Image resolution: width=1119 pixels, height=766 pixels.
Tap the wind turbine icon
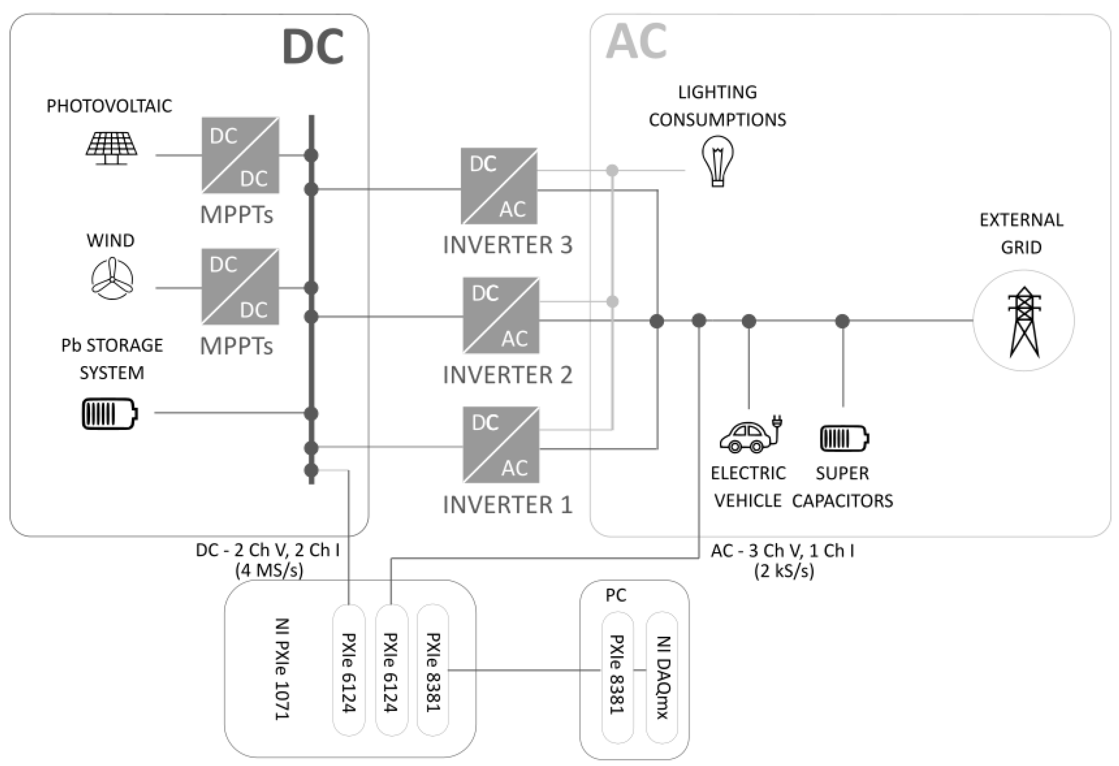pyautogui.click(x=112, y=278)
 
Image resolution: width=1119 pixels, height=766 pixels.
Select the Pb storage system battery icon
pyautogui.click(x=110, y=413)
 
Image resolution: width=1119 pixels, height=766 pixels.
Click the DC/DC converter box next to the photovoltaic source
pyautogui.click(x=240, y=156)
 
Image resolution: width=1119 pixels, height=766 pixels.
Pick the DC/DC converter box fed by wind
pyautogui.click(x=240, y=287)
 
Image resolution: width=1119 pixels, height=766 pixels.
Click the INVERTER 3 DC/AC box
pyautogui.click(x=499, y=186)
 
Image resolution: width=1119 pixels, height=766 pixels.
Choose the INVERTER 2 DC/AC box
pyautogui.click(x=501, y=316)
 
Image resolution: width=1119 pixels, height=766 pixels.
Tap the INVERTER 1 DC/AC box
pyautogui.click(x=501, y=445)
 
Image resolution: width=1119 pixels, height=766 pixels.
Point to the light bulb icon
pyautogui.click(x=718, y=161)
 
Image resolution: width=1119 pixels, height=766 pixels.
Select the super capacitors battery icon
pyautogui.click(x=844, y=438)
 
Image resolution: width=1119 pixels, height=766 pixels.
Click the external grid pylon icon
pyautogui.click(x=1024, y=321)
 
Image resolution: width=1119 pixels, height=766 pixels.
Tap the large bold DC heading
pyautogui.click(x=312, y=47)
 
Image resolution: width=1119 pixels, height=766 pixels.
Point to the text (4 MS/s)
pyautogui.click(x=269, y=570)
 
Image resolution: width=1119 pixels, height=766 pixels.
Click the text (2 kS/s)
pyautogui.click(x=784, y=571)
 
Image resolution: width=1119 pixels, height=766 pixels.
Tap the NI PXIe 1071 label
pyautogui.click(x=282, y=668)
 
